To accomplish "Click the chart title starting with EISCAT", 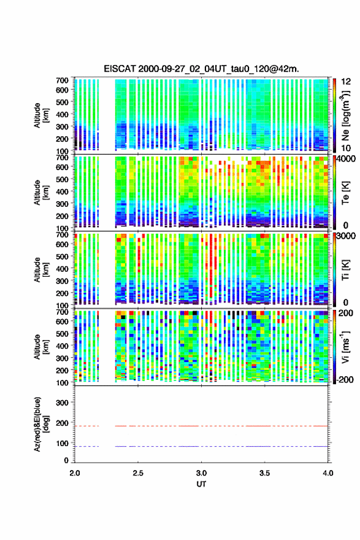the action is (x=201, y=69).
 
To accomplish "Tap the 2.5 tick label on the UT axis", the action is (x=138, y=473).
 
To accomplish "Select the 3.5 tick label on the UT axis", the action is (x=264, y=473).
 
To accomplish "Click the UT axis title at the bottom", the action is (x=201, y=484).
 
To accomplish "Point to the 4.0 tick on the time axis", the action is (x=327, y=473).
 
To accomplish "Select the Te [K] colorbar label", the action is (x=345, y=193).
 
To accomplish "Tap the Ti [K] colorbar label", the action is (x=345, y=270).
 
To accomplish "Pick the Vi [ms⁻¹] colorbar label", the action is (x=346, y=347).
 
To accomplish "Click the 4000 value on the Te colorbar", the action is (x=347, y=159).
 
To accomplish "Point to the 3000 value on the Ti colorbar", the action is (x=347, y=236).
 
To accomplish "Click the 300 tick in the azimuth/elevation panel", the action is (x=62, y=403).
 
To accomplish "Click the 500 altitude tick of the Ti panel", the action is (x=62, y=256).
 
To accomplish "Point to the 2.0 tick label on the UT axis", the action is (x=75, y=473).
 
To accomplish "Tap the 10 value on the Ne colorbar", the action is (x=346, y=148).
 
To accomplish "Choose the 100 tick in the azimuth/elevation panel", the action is (x=62, y=443).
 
